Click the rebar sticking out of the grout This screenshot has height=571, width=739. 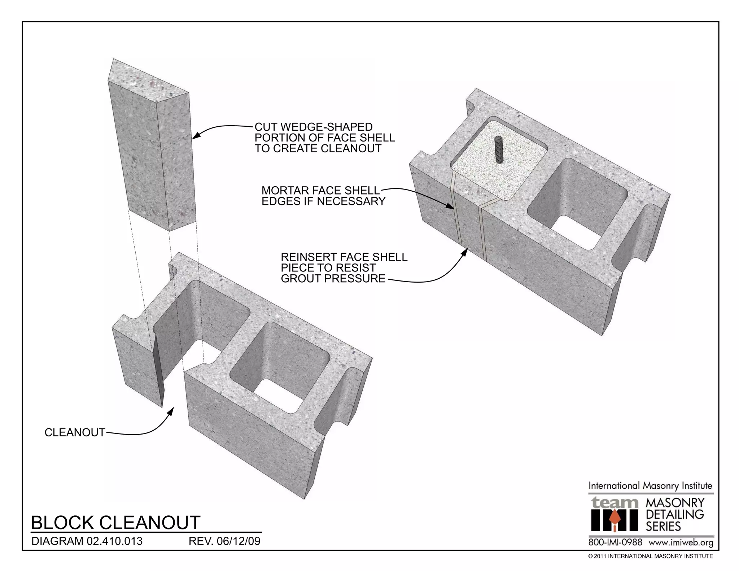coord(499,150)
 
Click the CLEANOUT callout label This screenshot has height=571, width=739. coord(75,432)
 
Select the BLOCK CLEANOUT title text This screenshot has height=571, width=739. coord(115,523)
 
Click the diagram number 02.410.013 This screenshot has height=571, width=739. coord(114,541)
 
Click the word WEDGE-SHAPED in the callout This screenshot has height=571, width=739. coord(326,127)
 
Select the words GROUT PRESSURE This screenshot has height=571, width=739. coord(333,279)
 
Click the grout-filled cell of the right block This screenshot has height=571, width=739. coord(512,170)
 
